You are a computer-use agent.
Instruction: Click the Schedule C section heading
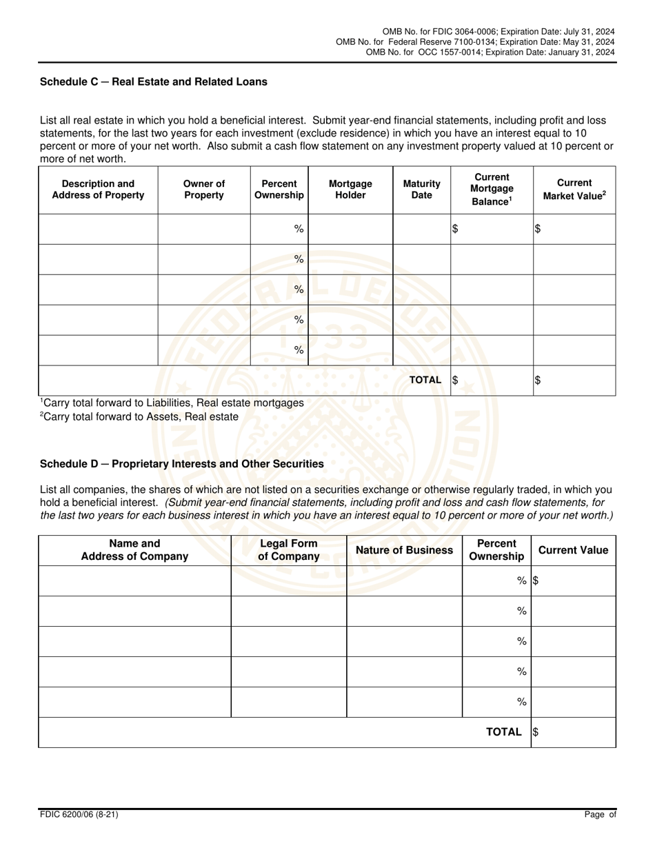coord(154,81)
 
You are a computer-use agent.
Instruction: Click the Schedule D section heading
coord(182,464)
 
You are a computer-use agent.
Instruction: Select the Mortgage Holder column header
coord(350,189)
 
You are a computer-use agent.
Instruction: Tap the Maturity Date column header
coord(421,189)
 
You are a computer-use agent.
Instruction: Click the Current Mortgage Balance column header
coord(492,189)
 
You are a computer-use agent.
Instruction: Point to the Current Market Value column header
coord(574,189)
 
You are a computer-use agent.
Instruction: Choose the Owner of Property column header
coord(204,189)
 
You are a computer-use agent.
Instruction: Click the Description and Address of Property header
coord(98,189)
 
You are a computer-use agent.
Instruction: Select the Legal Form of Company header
coord(289,549)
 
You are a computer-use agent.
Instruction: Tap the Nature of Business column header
coord(404,549)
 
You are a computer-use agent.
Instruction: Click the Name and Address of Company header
coord(134,549)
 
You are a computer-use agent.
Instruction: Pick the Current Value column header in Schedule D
coord(573,549)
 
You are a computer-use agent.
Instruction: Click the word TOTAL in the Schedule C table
coord(425,380)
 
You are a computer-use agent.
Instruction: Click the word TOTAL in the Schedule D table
coord(504,732)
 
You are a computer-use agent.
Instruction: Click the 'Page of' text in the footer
coord(600,815)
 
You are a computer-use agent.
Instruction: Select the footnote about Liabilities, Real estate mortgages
coord(172,403)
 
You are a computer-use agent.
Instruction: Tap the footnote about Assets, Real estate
coord(139,416)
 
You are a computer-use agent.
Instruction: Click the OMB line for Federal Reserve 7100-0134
coord(475,42)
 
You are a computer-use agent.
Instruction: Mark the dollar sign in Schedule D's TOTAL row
coord(536,733)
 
